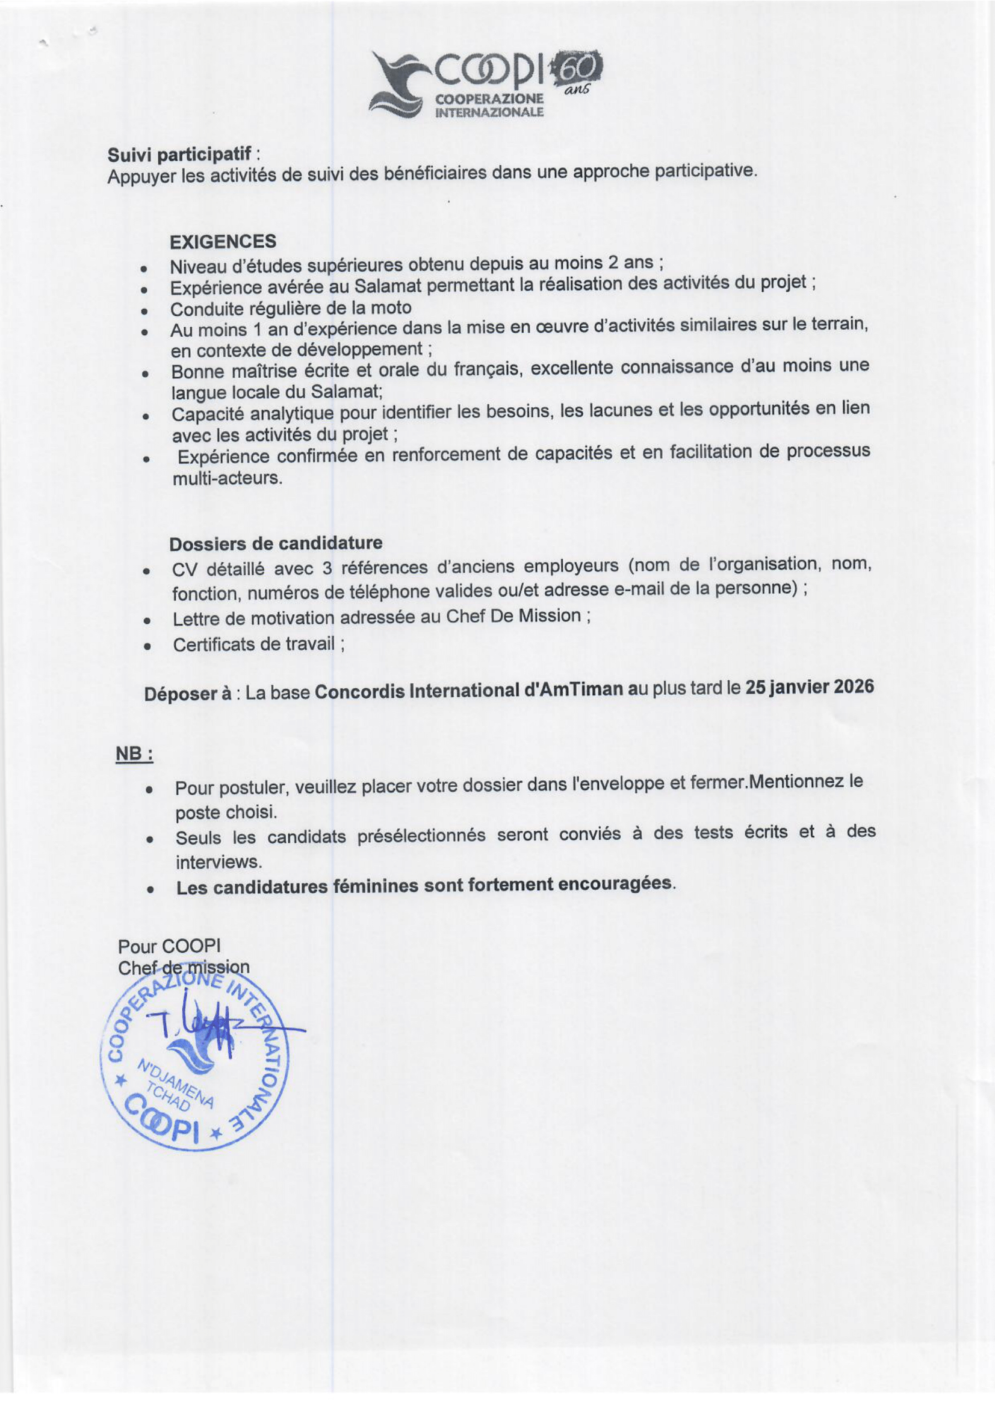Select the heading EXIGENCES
tap(223, 241)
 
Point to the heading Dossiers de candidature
tap(275, 543)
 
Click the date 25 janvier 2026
tap(808, 687)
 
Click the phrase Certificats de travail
tap(254, 644)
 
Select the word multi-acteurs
tap(227, 478)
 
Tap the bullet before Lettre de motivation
tap(147, 620)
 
